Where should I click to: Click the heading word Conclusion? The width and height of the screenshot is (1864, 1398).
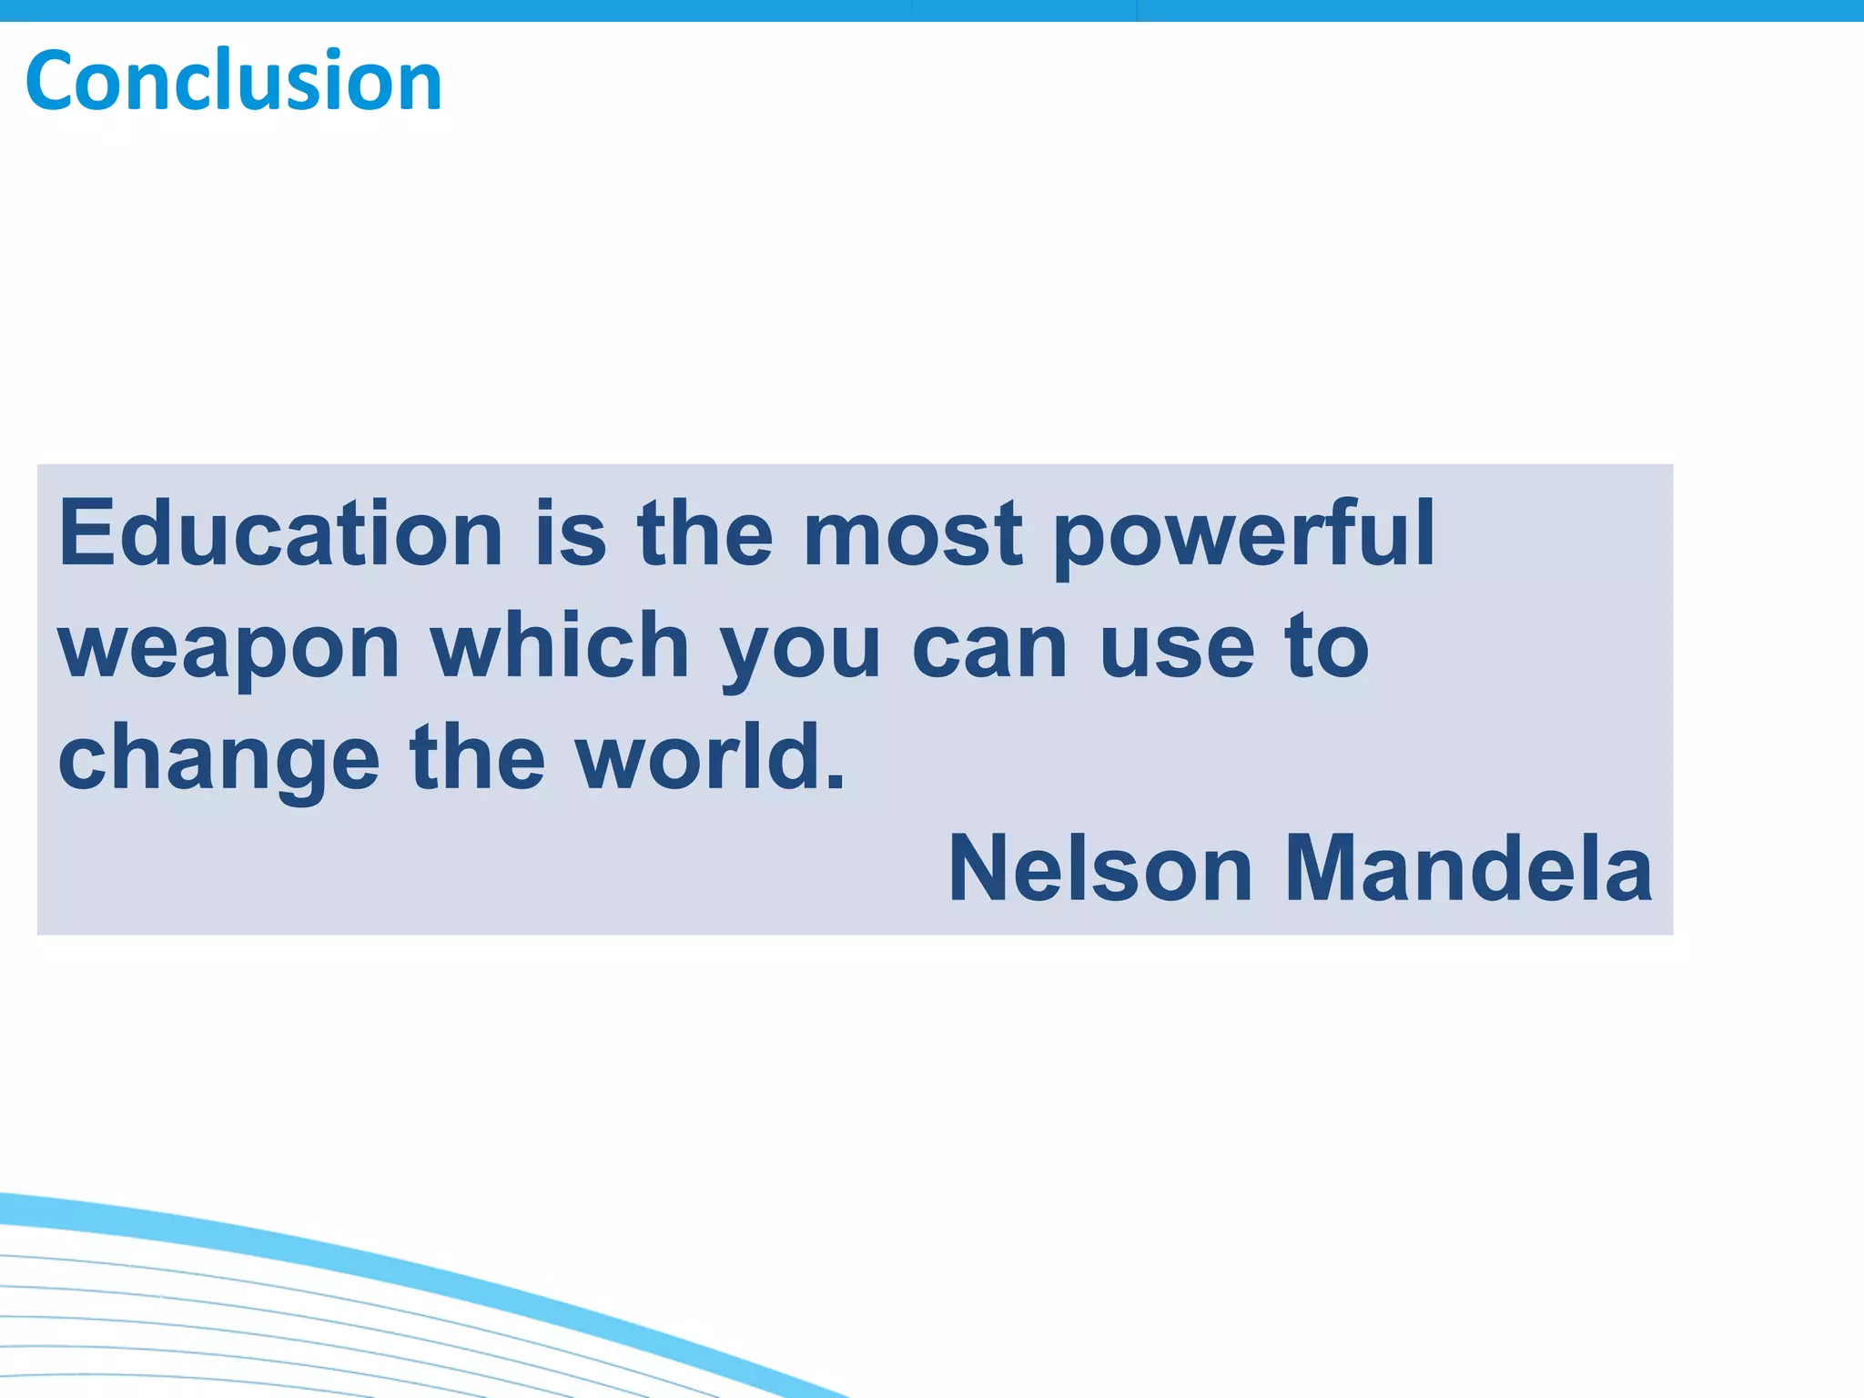tap(234, 82)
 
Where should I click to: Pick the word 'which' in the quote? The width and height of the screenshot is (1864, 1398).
tap(560, 646)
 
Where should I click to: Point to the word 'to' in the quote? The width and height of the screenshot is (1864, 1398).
tap(1326, 646)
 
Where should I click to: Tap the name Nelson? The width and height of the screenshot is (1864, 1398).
tap(1100, 869)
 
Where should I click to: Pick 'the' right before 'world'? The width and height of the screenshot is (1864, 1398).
tap(477, 757)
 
